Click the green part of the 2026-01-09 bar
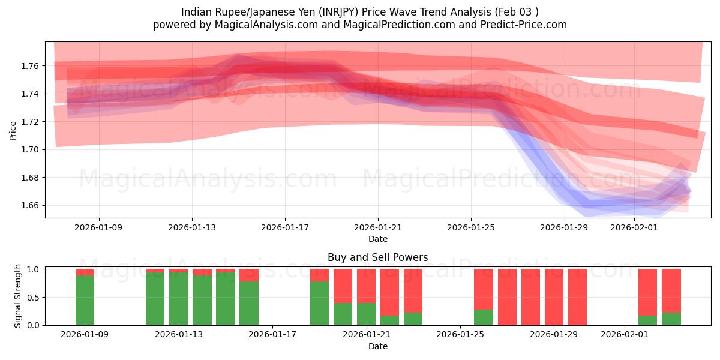pos(85,300)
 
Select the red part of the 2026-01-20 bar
pos(343,286)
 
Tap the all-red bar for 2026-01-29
pos(554,297)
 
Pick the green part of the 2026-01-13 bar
pos(178,299)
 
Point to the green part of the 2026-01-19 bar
pos(319,303)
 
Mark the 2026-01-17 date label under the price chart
pos(285,228)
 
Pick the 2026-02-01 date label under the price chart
pos(634,228)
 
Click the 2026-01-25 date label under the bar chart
pos(460,335)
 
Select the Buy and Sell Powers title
pos(377,258)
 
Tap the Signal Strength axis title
pos(18,296)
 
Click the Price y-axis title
pos(13,130)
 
